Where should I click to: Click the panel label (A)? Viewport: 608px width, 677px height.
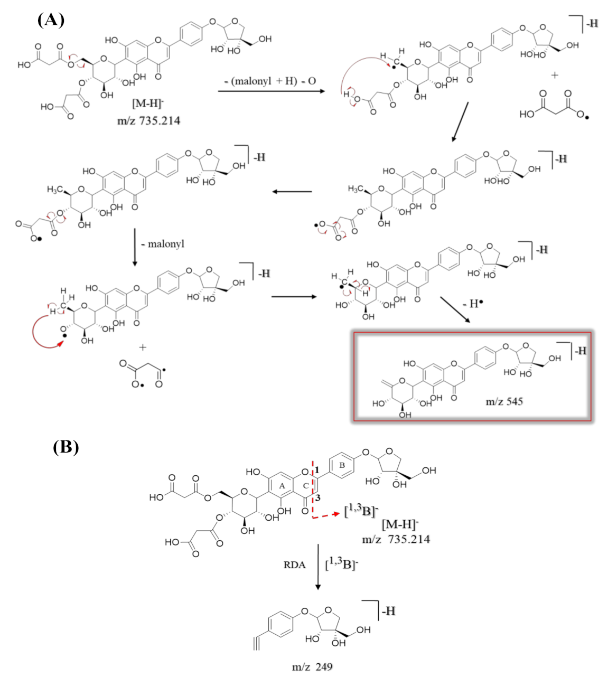point(51,20)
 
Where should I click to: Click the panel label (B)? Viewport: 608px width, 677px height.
point(66,447)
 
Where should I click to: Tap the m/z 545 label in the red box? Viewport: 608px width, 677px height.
point(504,401)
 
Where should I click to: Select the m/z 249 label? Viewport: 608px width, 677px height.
point(312,666)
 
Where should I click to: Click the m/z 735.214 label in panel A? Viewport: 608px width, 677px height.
point(148,121)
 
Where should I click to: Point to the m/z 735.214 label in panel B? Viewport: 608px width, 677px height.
point(396,539)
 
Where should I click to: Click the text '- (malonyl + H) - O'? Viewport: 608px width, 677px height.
point(270,81)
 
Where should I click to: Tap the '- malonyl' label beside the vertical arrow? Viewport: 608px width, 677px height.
point(163,244)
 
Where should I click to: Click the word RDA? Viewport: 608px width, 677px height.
point(294,565)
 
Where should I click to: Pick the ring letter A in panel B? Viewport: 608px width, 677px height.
point(282,485)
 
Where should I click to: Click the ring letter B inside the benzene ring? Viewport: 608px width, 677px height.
point(342,465)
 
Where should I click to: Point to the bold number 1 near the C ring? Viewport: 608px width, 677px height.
point(317,470)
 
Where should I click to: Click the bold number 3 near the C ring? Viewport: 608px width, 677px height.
point(317,496)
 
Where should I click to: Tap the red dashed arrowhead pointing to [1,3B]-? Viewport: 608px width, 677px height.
point(336,513)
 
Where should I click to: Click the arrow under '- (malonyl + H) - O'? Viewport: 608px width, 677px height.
point(272,91)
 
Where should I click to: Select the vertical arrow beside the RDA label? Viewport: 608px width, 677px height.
point(317,567)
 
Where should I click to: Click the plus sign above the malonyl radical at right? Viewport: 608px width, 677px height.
point(554,76)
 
